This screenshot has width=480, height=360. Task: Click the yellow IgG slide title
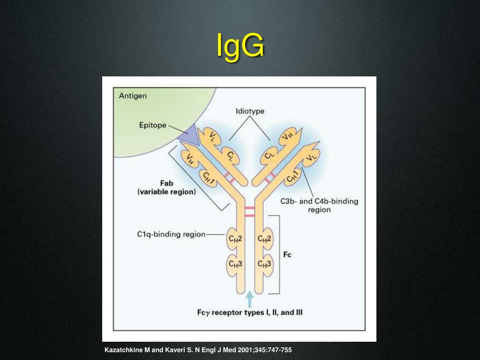pos(240,46)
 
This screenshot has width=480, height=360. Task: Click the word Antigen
pos(133,96)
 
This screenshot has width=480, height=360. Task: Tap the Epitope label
pos(152,125)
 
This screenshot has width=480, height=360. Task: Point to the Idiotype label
pos(249,112)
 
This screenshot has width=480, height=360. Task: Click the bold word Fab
pos(167,183)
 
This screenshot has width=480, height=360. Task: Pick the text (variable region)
pos(166,192)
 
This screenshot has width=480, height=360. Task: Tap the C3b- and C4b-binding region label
pos(319,205)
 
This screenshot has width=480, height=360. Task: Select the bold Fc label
pos(287,255)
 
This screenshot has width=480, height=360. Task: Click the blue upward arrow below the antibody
pos(250,299)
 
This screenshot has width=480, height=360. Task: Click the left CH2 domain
pos(235,239)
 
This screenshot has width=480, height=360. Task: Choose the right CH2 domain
pos(265,239)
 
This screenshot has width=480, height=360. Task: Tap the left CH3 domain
pos(235,263)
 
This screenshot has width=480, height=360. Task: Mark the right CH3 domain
pos(265,263)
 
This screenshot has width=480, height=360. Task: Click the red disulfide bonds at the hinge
pos(249,211)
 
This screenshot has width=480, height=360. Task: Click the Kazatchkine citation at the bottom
pos(201,350)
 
